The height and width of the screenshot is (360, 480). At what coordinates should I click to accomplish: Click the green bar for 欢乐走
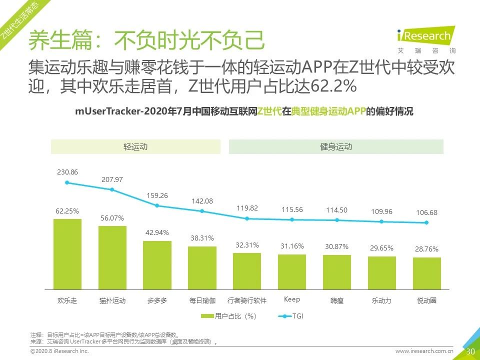(67, 254)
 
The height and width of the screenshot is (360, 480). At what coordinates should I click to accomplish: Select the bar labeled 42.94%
(157, 265)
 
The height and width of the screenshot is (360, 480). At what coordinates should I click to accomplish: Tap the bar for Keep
(292, 271)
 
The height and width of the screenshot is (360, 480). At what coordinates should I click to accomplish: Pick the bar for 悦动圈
(426, 273)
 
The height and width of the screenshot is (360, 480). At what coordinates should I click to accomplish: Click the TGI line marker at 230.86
(67, 182)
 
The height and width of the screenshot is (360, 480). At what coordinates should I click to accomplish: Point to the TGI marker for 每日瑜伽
(202, 211)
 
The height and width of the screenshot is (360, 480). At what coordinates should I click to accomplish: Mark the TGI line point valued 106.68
(426, 222)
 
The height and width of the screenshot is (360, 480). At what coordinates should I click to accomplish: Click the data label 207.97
(112, 179)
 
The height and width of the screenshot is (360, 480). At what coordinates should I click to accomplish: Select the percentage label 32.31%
(247, 245)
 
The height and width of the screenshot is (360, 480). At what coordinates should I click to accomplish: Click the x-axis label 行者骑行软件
(247, 300)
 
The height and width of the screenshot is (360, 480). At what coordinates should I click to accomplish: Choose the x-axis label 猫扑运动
(112, 300)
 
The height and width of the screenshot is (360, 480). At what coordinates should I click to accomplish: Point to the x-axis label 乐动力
(381, 300)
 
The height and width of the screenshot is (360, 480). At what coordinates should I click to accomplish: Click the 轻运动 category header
(135, 146)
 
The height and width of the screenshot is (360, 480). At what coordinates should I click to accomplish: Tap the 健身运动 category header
(336, 146)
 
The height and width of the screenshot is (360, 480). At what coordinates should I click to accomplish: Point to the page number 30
(470, 351)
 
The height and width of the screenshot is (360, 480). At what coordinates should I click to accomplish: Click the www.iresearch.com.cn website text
(424, 351)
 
